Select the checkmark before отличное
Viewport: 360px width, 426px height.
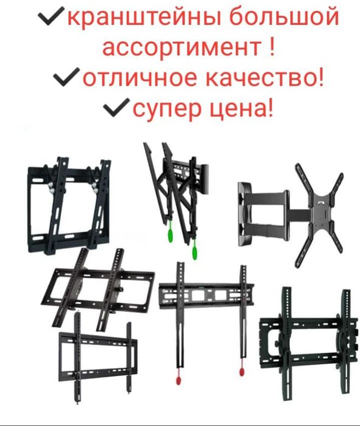[65, 78]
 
